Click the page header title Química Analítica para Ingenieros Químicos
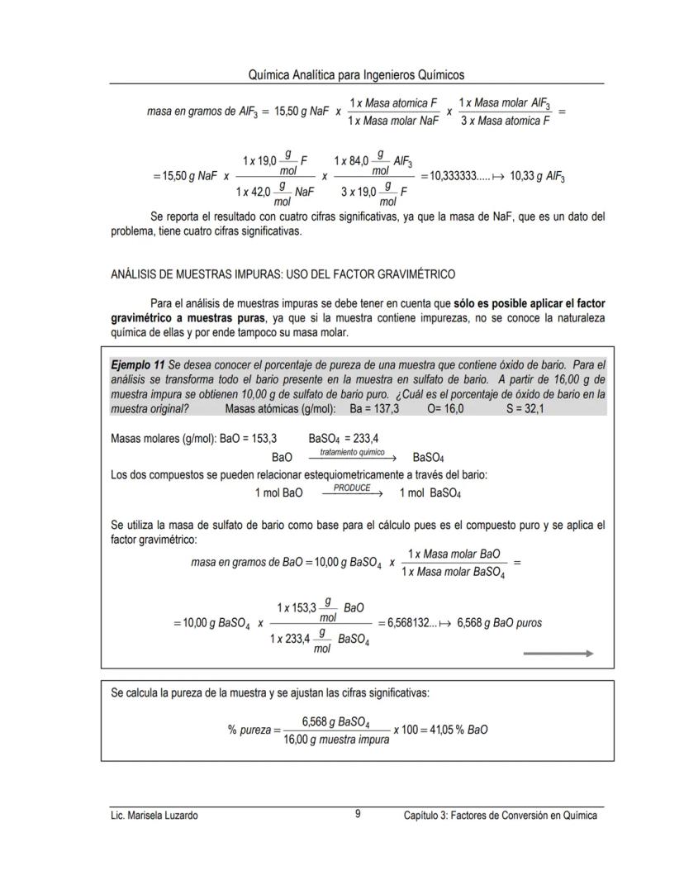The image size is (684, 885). coord(356,75)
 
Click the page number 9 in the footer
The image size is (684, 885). coord(358,814)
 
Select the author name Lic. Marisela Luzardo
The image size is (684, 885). coord(154,816)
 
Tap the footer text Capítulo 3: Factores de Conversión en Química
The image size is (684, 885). coord(500,816)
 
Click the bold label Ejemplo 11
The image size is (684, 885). coord(137,364)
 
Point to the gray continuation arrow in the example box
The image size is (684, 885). coord(558,653)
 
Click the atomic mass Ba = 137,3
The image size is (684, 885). coord(374,409)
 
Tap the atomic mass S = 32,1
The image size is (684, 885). coord(525,409)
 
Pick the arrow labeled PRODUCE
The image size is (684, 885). coord(352,492)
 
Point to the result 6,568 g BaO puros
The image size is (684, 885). coord(499,623)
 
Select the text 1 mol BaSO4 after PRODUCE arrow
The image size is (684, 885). coord(430,493)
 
